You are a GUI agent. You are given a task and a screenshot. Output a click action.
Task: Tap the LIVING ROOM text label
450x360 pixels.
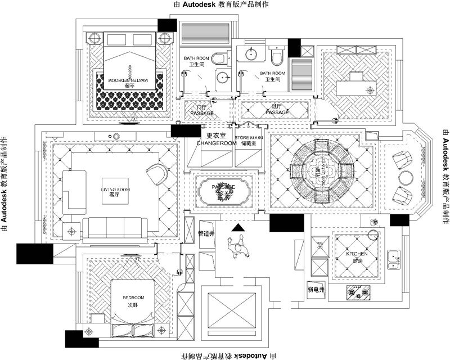pos(115,190)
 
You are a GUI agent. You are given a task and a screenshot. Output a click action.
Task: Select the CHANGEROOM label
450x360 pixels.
pos(217,143)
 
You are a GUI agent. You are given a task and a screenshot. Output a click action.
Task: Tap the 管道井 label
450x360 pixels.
pos(207,233)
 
